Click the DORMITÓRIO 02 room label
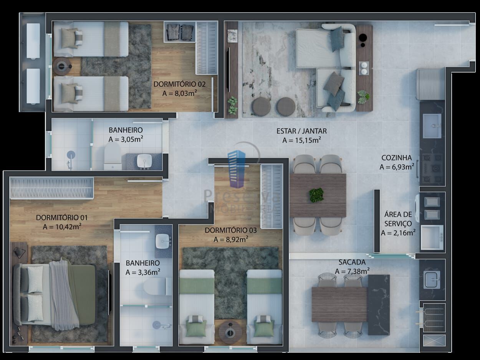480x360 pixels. pyautogui.click(x=179, y=84)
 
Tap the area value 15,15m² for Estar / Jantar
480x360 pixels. pyautogui.click(x=301, y=140)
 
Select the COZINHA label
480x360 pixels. pyautogui.click(x=396, y=158)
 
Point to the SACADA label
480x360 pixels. pyautogui.click(x=352, y=262)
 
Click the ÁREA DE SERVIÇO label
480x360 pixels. pyautogui.click(x=398, y=219)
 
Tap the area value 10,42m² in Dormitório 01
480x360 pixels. pyautogui.click(x=62, y=226)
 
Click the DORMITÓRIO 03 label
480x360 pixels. pyautogui.click(x=230, y=230)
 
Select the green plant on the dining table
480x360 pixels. pyautogui.click(x=317, y=195)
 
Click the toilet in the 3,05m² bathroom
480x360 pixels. pyautogui.click(x=113, y=156)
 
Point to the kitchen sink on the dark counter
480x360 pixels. pyautogui.click(x=432, y=126)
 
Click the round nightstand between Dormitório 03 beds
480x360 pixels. pyautogui.click(x=231, y=330)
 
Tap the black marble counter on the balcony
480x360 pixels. pyautogui.click(x=379, y=304)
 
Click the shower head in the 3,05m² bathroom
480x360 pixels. pyautogui.click(x=71, y=155)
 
